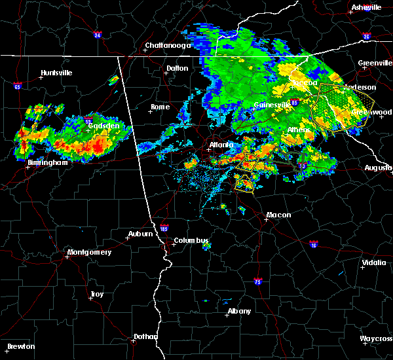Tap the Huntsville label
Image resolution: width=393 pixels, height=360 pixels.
pos(56,72)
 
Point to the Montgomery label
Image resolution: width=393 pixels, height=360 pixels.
pos(89,252)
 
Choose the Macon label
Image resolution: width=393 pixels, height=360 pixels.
pos(278,215)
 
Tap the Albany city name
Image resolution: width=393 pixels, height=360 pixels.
pos(239,311)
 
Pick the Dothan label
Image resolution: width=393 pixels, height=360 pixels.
pos(146,336)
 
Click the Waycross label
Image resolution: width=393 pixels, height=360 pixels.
pos(376,338)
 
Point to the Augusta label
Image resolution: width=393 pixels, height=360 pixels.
pos(378,168)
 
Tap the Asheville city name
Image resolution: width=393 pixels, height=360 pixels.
pos(366,7)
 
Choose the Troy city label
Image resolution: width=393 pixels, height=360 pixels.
pos(96,295)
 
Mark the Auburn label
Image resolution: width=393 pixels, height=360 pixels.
pos(140,234)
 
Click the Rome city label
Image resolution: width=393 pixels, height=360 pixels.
pos(160,107)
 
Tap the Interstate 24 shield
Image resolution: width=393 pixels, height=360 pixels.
pos(96,35)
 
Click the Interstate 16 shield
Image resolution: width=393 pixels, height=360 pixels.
pos(314,243)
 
